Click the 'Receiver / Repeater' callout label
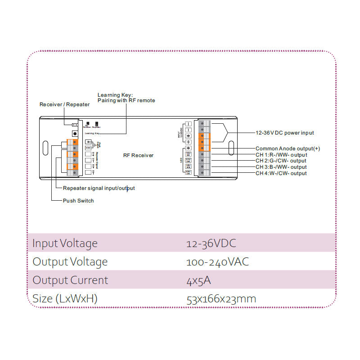point(64,104)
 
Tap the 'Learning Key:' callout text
point(115,94)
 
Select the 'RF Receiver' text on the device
point(138,155)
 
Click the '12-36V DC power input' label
point(284,133)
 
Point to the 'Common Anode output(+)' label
point(288,148)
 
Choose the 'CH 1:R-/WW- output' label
point(281,155)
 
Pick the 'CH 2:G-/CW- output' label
point(281,161)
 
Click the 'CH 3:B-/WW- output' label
point(281,167)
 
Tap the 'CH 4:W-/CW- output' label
point(281,173)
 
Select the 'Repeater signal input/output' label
point(99,188)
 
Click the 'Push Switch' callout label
point(78,201)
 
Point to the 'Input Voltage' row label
point(65,243)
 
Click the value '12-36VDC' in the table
point(211,243)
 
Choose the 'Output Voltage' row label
point(70,262)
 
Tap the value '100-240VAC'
point(217,262)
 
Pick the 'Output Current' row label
point(70,280)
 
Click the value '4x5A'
point(198,280)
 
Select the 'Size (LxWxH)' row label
point(65,299)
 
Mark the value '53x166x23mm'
point(221,299)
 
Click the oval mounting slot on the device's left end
point(45,148)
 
